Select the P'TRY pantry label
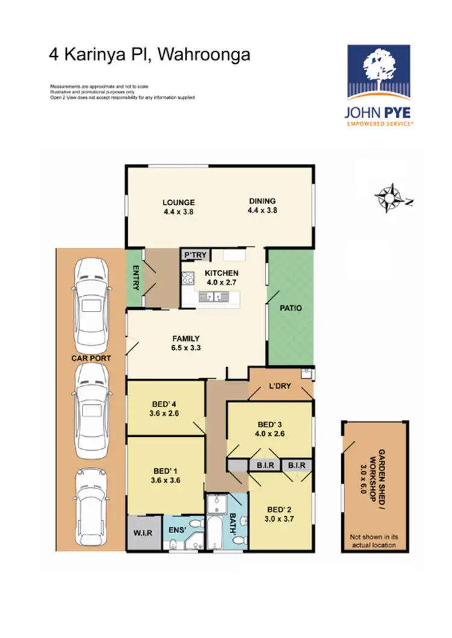[x=195, y=255]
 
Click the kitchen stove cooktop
[x=187, y=279]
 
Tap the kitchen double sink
[x=213, y=296]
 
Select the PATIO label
[x=290, y=308]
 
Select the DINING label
[x=261, y=201]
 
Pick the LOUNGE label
[x=178, y=202]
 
